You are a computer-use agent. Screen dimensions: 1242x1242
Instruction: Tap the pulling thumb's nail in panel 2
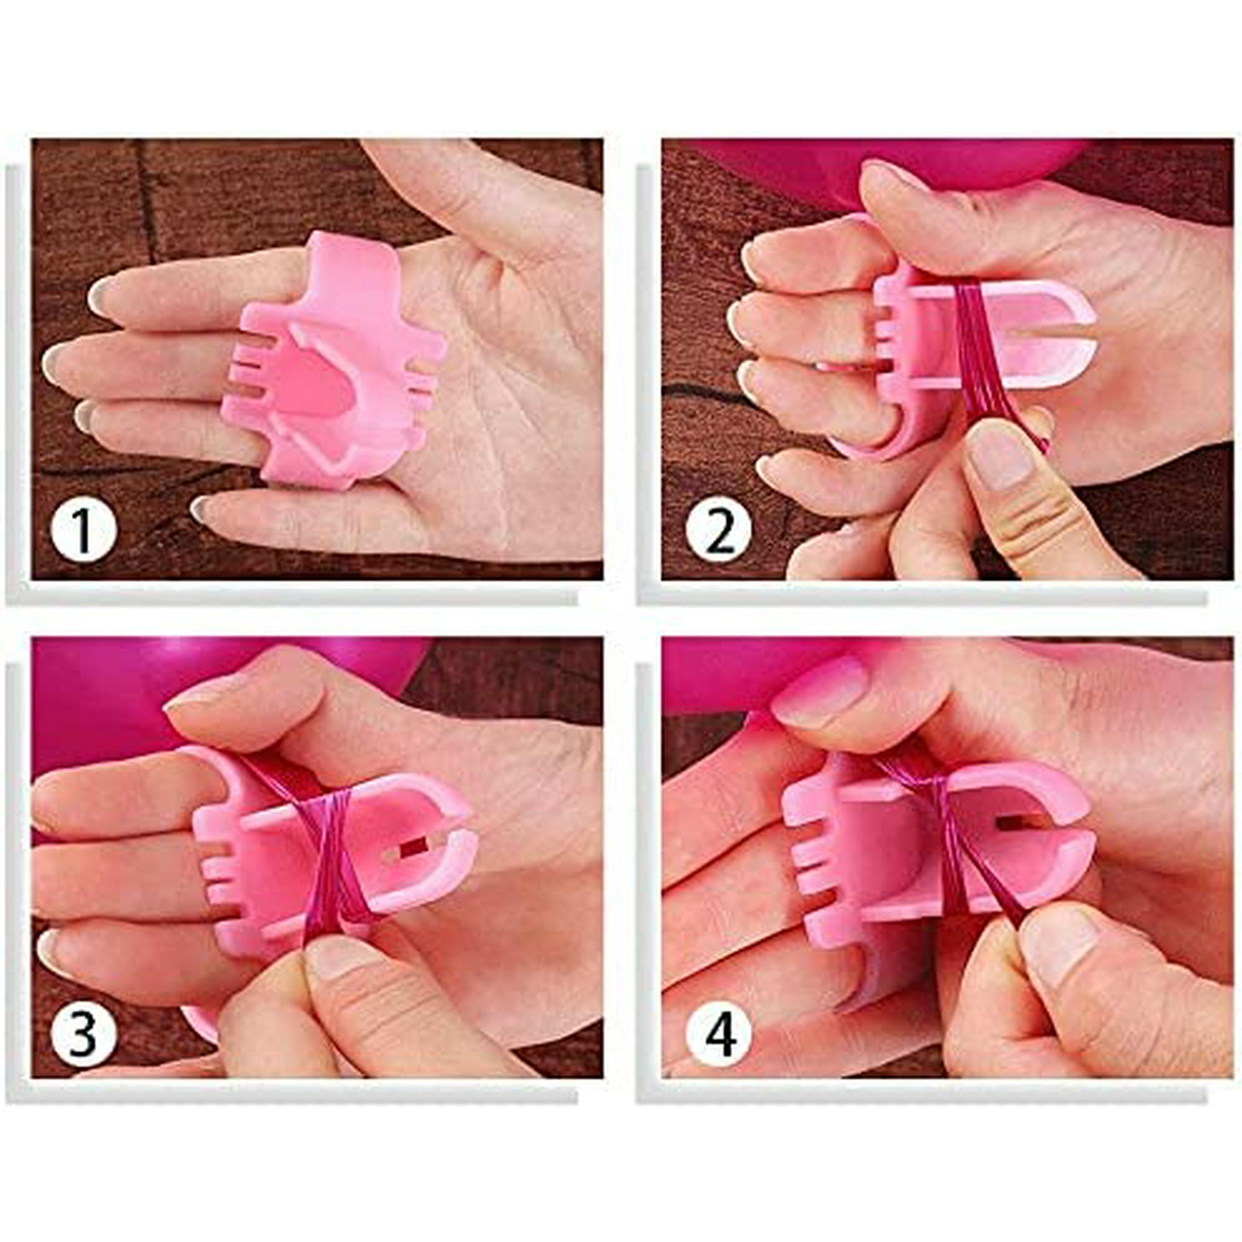click(x=1000, y=456)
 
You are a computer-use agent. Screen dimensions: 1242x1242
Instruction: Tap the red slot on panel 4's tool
click(x=1011, y=822)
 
